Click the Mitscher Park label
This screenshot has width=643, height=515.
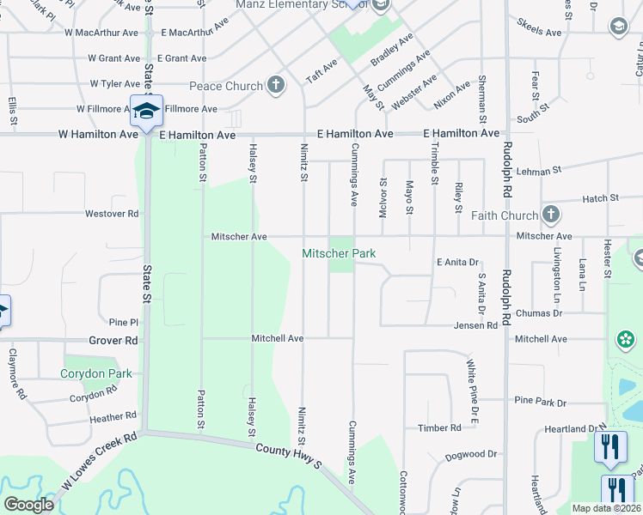(339, 253)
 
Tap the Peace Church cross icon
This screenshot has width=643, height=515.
(275, 85)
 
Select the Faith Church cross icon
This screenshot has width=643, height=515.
(551, 215)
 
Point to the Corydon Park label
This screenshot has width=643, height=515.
(96, 373)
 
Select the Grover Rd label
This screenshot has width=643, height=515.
(113, 340)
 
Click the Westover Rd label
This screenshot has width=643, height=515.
(112, 213)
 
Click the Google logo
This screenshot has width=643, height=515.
(28, 504)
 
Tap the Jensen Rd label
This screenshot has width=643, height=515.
(475, 325)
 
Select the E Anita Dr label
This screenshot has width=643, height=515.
(456, 262)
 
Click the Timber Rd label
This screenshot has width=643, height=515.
(439, 427)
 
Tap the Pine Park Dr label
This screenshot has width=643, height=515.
(541, 401)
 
